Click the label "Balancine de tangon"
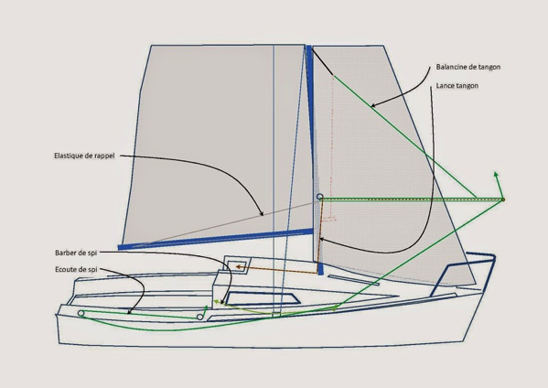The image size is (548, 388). coord(468,67)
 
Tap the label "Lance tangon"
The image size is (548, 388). coord(457,86)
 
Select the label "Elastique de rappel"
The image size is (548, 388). coord(84,156)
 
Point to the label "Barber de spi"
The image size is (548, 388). coord(76,253)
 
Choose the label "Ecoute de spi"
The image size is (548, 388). coord(76,270)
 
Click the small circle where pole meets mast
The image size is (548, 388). coord(319,197)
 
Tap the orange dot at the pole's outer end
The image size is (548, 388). coord(503,199)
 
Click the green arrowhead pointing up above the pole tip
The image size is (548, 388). coord(496,174)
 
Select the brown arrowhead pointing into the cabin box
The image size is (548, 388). coord(239,267)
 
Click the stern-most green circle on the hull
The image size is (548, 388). coord(81,313)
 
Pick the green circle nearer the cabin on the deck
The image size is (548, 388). coord(199,317)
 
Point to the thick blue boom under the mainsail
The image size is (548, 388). coord(215,239)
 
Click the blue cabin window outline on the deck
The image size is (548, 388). coord(263,298)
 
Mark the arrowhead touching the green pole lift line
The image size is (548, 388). coord(373,105)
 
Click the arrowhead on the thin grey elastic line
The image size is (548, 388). coord(262,214)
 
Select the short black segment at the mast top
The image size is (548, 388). coord(322,61)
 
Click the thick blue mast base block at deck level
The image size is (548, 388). coord(320,268)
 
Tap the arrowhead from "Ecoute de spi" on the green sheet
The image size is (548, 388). coord(129,312)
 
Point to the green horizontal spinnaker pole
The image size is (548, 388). coord(412,199)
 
